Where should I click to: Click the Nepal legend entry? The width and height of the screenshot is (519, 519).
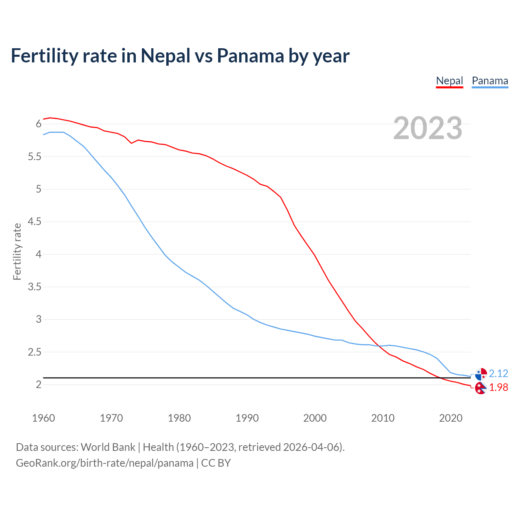click(x=449, y=81)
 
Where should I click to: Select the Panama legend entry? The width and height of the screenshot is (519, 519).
click(x=490, y=81)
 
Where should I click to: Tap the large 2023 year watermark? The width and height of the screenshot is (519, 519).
click(x=427, y=128)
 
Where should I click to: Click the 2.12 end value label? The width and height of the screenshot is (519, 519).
click(x=498, y=373)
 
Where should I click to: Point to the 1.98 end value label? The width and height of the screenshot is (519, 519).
click(x=498, y=388)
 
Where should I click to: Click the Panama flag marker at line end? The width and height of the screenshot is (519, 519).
click(x=481, y=374)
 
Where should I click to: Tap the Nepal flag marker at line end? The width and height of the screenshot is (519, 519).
click(x=480, y=388)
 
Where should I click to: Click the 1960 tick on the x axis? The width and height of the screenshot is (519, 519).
click(x=43, y=418)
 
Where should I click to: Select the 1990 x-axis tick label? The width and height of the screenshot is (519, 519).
click(x=247, y=418)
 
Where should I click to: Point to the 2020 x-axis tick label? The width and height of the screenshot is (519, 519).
click(x=450, y=418)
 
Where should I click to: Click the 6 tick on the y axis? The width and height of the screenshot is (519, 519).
click(x=39, y=124)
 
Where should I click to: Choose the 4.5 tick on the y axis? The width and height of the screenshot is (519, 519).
click(x=35, y=222)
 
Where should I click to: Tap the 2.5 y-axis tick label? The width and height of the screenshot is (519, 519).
click(x=35, y=352)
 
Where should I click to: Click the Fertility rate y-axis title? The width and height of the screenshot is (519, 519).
click(x=17, y=251)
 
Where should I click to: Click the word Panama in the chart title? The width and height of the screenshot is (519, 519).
click(x=250, y=56)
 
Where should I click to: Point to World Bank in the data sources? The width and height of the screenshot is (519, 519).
click(x=108, y=447)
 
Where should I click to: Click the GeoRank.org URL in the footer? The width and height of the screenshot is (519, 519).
click(x=105, y=463)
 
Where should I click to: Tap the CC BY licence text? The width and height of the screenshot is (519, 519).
click(x=216, y=463)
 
